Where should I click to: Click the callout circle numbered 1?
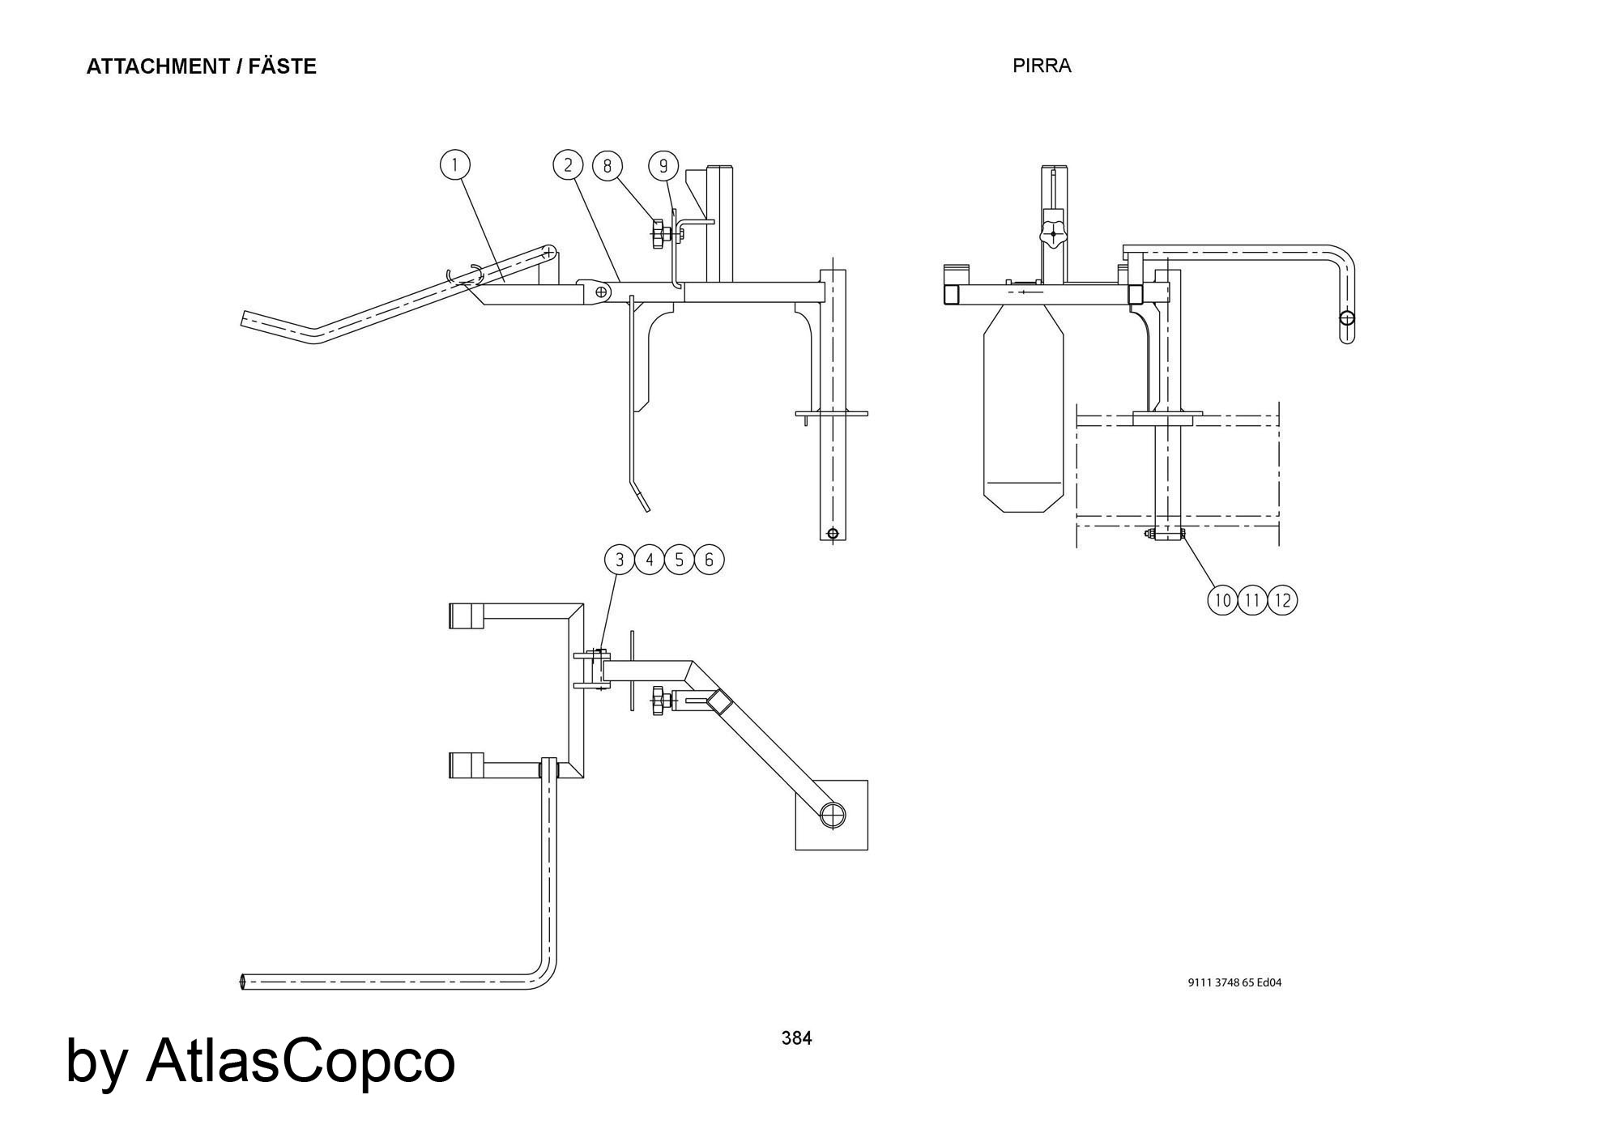pos(455,165)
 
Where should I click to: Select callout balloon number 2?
pos(568,165)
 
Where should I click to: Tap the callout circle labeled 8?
pos(607,166)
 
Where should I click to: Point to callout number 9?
pos(663,166)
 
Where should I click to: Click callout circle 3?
pos(620,560)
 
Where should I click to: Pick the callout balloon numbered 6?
pos(709,560)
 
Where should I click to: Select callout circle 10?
pos(1223,600)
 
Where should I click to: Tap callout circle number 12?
pos(1282,600)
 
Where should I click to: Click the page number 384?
pos(796,1038)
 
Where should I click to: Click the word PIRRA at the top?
pos(1042,66)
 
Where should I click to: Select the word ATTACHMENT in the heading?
pos(158,66)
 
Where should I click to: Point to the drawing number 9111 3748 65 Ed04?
pos(1234,982)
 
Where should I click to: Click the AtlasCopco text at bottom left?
pos(300,1061)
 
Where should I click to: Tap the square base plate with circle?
pos(832,815)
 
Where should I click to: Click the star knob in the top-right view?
pos(1053,234)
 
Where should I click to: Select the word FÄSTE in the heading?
pos(282,66)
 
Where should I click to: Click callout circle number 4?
pos(650,560)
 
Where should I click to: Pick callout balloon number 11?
pos(1253,600)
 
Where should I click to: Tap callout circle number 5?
pos(680,560)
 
